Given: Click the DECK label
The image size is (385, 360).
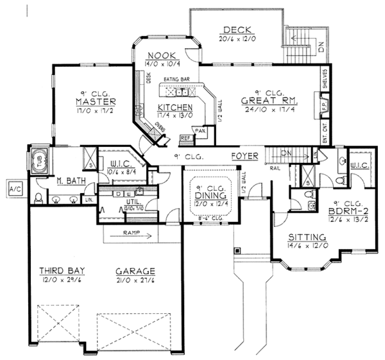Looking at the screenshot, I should [236, 30].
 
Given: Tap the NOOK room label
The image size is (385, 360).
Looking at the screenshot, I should [157, 55].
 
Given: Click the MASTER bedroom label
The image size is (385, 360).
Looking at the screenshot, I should [94, 102].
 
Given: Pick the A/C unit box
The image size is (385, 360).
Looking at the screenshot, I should [14, 189].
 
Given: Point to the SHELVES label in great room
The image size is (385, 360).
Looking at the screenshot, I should [325, 80].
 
